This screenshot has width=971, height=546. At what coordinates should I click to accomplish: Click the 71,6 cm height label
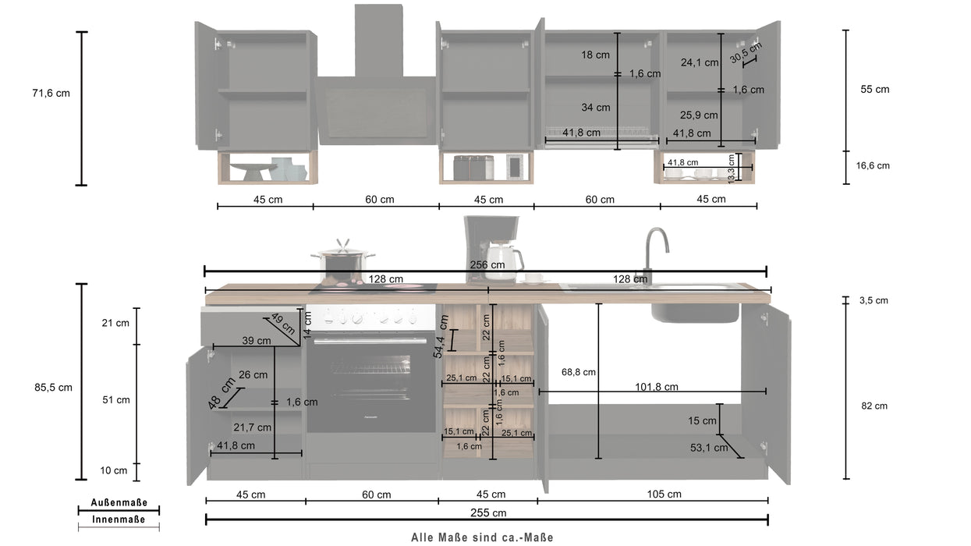click(x=51, y=93)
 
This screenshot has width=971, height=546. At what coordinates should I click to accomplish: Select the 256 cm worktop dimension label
click(x=488, y=264)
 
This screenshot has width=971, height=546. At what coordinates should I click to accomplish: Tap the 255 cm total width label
click(x=489, y=512)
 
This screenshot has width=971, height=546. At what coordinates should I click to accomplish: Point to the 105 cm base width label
click(x=664, y=494)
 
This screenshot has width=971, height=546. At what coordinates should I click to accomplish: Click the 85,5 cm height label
click(x=52, y=387)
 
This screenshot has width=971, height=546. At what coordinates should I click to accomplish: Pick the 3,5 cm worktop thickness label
click(x=873, y=300)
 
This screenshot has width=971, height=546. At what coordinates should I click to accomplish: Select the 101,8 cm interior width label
click(x=655, y=386)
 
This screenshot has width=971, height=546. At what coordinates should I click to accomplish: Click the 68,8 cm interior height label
click(x=578, y=372)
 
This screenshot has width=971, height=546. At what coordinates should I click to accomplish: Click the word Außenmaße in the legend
click(x=119, y=503)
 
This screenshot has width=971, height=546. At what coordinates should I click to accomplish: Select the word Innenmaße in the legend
click(x=119, y=519)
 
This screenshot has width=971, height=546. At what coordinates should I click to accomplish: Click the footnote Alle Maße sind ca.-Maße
click(x=482, y=537)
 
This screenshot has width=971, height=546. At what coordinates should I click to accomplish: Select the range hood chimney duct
click(x=378, y=41)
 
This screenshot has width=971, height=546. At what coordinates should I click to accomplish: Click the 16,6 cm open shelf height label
click(x=873, y=165)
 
